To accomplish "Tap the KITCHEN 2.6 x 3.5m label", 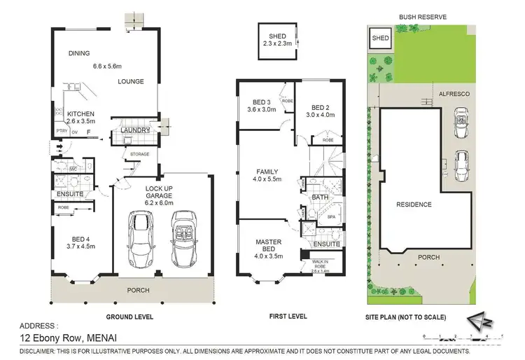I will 80,118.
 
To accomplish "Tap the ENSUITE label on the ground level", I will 71,193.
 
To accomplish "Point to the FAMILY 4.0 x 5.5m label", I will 267,175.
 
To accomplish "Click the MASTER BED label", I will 267,246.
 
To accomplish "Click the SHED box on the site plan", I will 381,39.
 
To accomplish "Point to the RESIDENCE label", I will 414,205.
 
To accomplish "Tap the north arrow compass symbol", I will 482,319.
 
